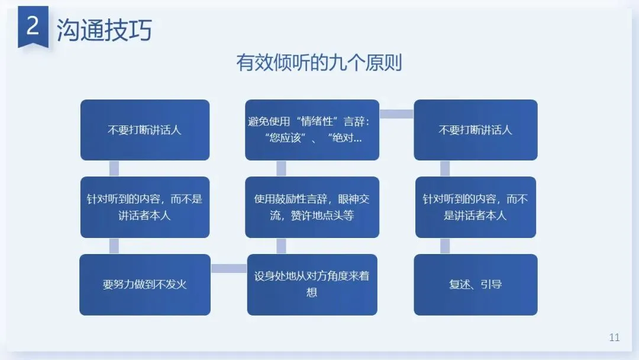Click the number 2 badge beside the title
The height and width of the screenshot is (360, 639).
33,27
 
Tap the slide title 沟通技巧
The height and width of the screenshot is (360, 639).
104,30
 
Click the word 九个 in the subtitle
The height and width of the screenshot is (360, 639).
352,63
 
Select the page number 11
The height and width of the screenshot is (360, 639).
614,337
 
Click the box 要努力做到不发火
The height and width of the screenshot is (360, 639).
145,284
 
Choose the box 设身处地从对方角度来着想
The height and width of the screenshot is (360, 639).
312,284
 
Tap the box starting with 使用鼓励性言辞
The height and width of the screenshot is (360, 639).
312,207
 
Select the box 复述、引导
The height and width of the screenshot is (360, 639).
476,284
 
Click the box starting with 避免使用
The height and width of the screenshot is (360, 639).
312,130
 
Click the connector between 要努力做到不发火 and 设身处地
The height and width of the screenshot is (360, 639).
229,269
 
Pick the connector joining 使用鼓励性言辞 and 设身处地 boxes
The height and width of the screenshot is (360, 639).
281,246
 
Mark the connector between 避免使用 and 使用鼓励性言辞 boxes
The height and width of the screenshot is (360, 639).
281,168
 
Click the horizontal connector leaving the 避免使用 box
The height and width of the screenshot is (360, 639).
396,114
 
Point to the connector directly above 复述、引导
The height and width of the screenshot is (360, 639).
445,246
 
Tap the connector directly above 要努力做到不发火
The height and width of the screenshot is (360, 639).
114,246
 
